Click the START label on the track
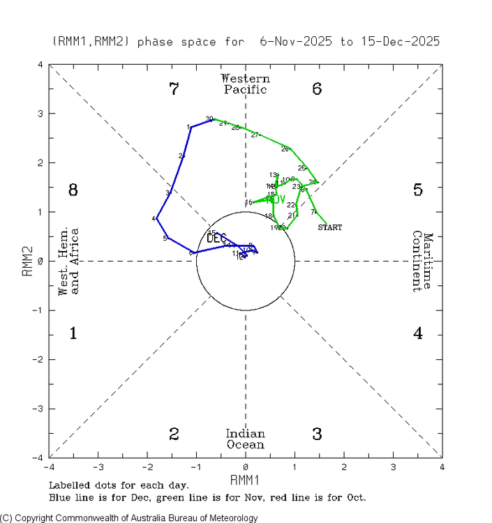330,227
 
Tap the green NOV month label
276,200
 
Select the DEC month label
216,238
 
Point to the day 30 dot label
209,119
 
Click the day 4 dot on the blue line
156,218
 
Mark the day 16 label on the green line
248,203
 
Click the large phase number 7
174,89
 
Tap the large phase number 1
73,333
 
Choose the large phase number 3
317,434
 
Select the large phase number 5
417,190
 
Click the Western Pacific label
245,84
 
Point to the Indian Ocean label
245,439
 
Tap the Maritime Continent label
424,261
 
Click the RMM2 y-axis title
27,261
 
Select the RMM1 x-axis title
245,479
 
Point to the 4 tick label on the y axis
41,65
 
